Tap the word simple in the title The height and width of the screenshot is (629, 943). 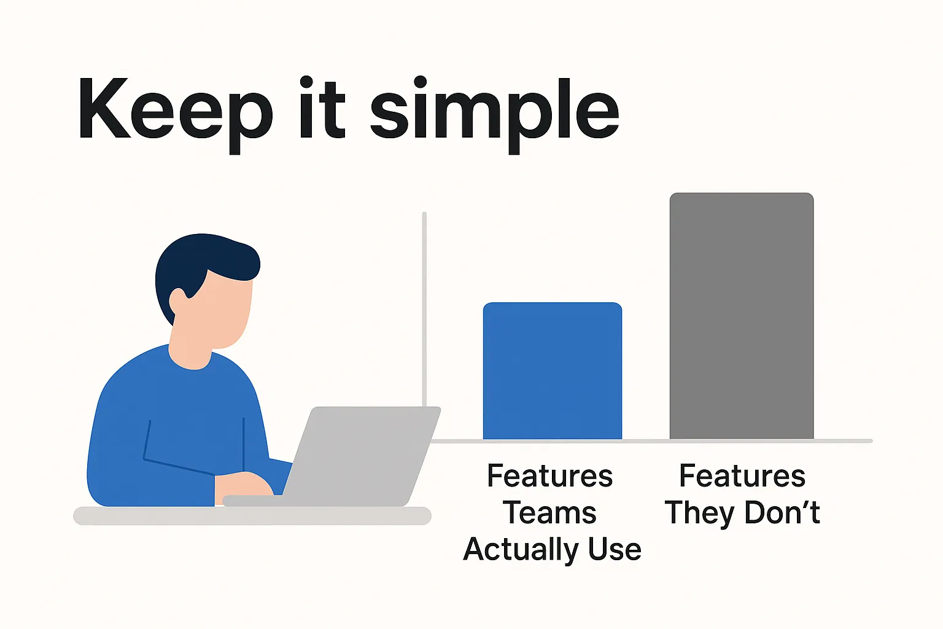point(495,114)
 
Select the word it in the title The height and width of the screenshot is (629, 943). point(322,107)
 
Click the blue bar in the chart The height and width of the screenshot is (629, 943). point(553,371)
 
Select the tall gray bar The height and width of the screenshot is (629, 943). point(742,316)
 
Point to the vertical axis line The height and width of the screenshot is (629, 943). point(424,310)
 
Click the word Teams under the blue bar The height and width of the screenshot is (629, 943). point(549,513)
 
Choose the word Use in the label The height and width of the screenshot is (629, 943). point(615,549)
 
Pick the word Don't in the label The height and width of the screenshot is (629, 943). point(782,512)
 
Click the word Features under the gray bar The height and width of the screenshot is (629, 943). point(742,475)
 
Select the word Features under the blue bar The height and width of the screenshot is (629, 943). point(550,475)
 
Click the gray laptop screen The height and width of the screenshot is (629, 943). point(362,455)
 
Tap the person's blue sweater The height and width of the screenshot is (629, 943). point(177,426)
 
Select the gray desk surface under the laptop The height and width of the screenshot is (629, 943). point(252,516)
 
